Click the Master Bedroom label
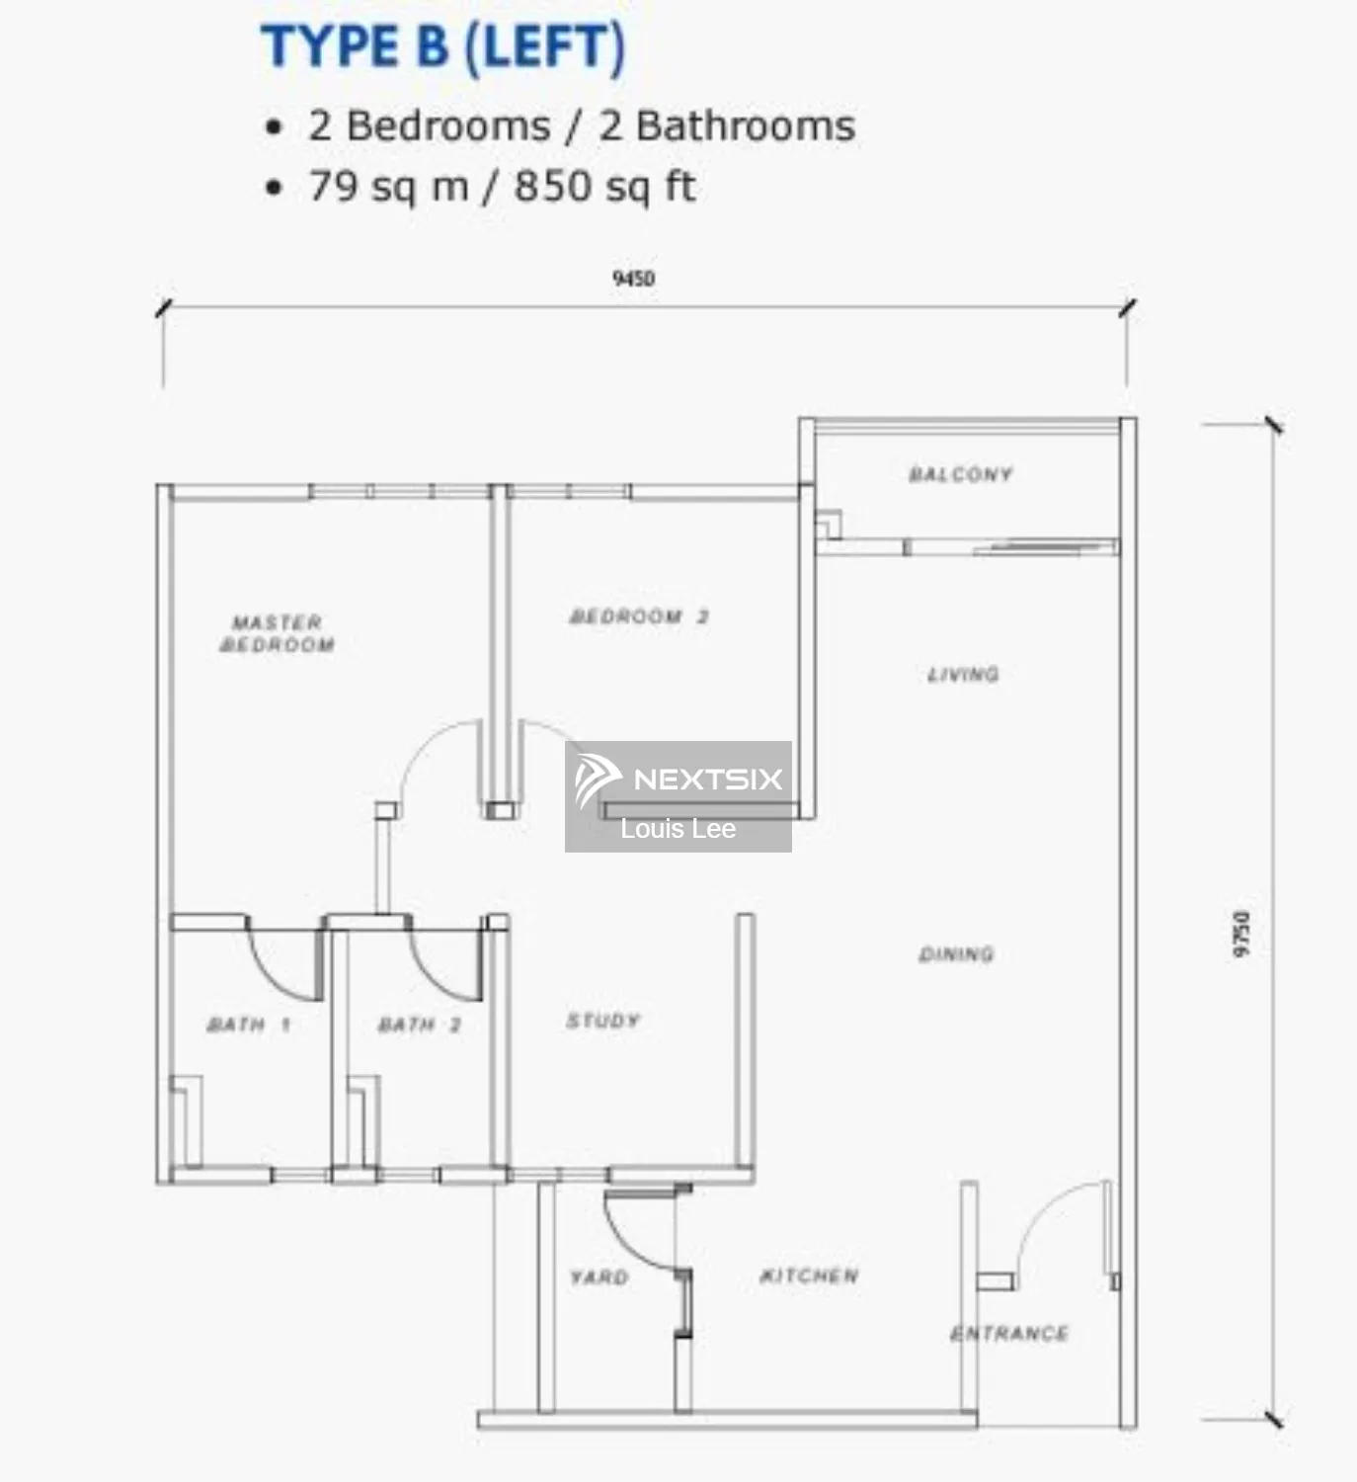pos(277,634)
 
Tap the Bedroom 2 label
pos(639,617)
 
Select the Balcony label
pos(960,474)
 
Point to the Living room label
pos(963,674)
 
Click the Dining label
pos(957,953)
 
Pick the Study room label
pos(602,1021)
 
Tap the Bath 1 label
pos(248,1025)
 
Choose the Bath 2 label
pos(420,1025)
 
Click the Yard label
pos(599,1276)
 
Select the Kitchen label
pos(809,1276)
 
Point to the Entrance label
pos(1009,1333)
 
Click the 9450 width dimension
pos(634,279)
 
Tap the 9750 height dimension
pos(1241,934)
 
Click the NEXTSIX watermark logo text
pos(708,779)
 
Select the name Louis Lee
pos(678,828)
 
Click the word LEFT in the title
pos(544,45)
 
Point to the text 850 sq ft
pos(605,186)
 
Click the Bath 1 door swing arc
pos(281,962)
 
